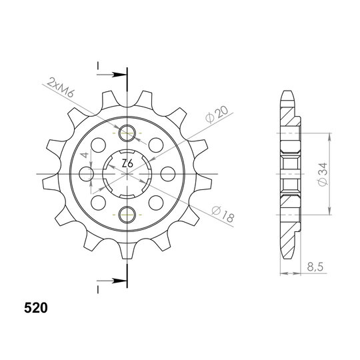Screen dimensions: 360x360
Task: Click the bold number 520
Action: point(36,308)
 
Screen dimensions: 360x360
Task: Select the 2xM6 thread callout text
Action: point(61,88)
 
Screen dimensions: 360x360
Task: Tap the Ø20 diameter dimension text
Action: point(217,114)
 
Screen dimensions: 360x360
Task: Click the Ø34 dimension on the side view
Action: point(323,174)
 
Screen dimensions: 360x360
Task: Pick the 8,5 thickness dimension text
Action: point(315,267)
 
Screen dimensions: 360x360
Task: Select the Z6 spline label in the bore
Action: point(127,164)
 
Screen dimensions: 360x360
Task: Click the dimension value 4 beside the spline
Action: point(85,155)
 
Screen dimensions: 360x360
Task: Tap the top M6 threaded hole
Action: point(127,133)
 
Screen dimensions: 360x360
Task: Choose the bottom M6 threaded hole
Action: point(127,215)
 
